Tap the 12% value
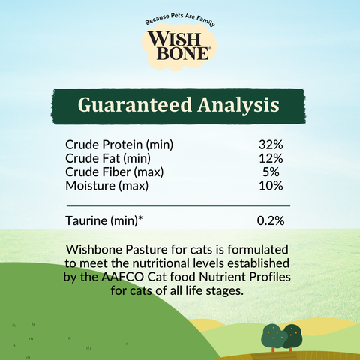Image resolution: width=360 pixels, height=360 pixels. point(270,158)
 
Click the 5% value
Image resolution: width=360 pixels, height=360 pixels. point(273,172)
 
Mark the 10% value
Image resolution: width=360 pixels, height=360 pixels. point(270,185)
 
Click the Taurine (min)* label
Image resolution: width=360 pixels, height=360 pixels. point(104,221)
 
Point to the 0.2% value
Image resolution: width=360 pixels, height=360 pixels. point(270,221)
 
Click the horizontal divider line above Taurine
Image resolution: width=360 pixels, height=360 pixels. point(178,205)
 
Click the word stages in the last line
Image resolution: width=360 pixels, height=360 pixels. point(225,291)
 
